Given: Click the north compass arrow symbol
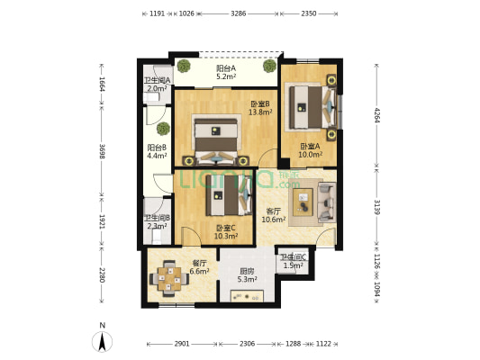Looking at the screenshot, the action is (x=103, y=341).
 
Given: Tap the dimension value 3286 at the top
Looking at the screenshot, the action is (x=238, y=13).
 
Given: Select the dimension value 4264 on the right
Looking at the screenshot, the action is (x=376, y=115).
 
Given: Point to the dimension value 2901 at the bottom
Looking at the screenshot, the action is (x=182, y=344).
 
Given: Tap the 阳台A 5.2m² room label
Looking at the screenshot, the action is (x=226, y=72).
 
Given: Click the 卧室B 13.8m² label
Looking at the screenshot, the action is (x=260, y=108).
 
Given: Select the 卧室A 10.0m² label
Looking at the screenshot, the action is (x=310, y=150).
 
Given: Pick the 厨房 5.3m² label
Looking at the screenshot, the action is (x=247, y=275).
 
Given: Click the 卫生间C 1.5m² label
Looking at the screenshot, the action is (x=294, y=262).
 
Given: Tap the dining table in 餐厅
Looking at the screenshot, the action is (x=169, y=279).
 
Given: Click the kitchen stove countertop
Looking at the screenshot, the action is (x=247, y=296).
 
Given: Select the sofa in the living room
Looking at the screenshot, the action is (x=327, y=202).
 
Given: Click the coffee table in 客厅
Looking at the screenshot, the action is (x=303, y=202).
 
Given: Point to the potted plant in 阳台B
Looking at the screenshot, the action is (x=163, y=129).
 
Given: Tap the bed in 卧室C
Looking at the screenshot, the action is (x=229, y=194).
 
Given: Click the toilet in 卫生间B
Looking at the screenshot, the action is (x=157, y=237).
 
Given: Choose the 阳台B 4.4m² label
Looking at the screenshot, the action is (x=157, y=151).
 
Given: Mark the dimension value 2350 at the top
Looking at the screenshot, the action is (x=309, y=13).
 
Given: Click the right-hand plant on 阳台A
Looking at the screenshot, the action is (x=269, y=66).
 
